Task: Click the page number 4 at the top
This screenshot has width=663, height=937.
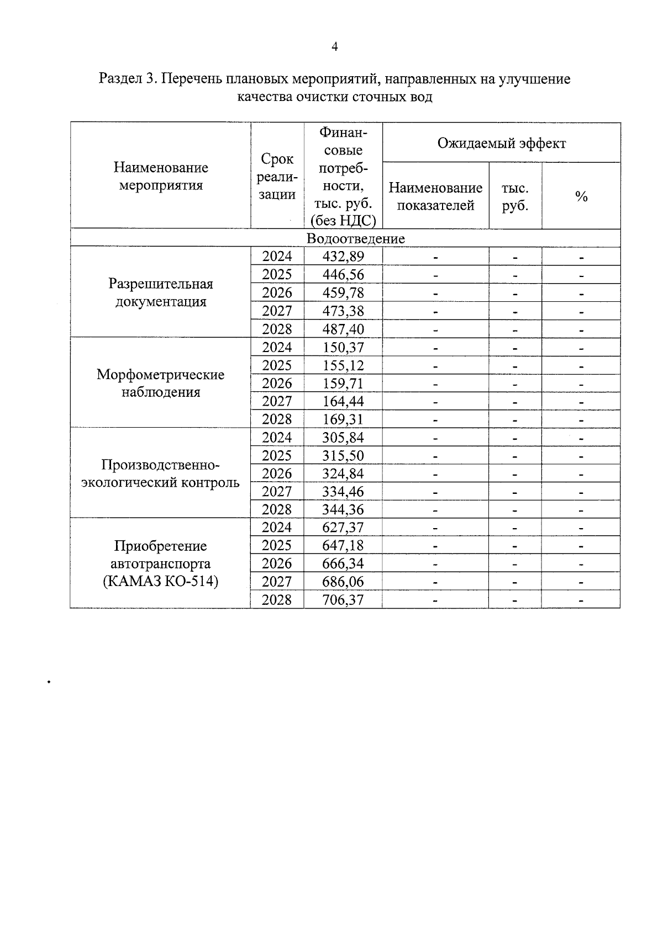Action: (x=334, y=47)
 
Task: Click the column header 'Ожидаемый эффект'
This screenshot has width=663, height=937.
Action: (x=501, y=143)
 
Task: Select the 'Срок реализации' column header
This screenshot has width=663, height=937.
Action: (x=277, y=177)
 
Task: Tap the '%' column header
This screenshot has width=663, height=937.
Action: (x=581, y=197)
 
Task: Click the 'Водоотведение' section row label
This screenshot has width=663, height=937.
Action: (x=355, y=239)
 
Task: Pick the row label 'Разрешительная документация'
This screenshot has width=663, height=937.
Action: (x=160, y=293)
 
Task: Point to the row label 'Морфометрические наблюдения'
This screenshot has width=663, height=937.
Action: (x=160, y=384)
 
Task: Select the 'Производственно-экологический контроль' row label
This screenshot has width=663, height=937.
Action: (x=160, y=473)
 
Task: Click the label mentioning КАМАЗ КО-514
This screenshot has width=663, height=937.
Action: (x=160, y=581)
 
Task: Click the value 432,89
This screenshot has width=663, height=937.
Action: (x=343, y=257)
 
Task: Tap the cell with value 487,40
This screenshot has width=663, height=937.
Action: (x=343, y=329)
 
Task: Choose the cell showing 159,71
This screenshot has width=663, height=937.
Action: (x=343, y=384)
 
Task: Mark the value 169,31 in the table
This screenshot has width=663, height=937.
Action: (x=343, y=419)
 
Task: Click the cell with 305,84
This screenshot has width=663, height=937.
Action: (x=343, y=438)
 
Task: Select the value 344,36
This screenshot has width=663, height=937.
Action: (x=343, y=509)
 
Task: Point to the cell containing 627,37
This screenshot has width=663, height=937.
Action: (x=343, y=528)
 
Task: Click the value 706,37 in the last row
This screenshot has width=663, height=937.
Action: (x=343, y=600)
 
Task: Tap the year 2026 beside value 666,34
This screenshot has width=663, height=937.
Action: (x=277, y=563)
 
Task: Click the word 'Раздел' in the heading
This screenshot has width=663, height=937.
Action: (x=120, y=79)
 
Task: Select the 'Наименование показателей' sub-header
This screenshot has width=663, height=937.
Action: (x=435, y=197)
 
